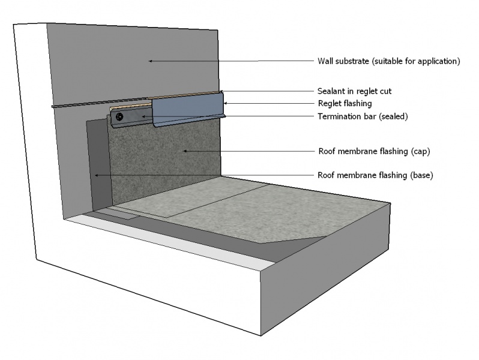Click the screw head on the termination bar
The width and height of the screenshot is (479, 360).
click(120, 117)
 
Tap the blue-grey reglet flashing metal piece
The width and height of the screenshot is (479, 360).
click(187, 110)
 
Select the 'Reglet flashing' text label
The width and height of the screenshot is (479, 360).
click(344, 104)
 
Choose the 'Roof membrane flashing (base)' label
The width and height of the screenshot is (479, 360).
click(375, 175)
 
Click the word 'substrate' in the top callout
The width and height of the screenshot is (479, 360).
click(354, 61)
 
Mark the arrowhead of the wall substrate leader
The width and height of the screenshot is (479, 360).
click(151, 61)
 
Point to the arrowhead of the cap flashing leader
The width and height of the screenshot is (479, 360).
click(185, 151)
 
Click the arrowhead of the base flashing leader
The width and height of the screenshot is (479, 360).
click(96, 175)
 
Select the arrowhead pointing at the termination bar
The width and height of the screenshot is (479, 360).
click(143, 116)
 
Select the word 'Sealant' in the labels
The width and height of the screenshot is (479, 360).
click(331, 91)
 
